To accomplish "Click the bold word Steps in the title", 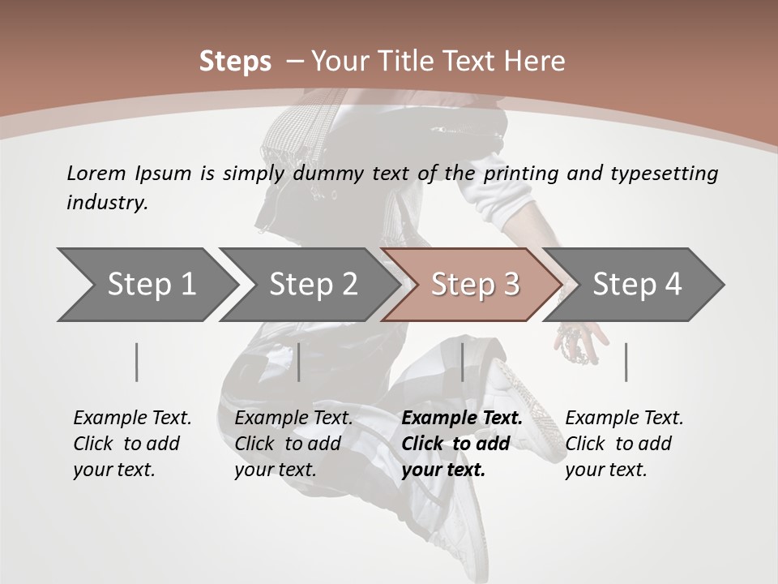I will (x=235, y=62).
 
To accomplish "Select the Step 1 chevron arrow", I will (x=146, y=284).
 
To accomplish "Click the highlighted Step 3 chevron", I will (x=472, y=284).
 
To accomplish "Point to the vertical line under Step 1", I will (x=137, y=362).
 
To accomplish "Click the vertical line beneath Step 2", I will (x=299, y=362).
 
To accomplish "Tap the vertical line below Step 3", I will (x=463, y=362).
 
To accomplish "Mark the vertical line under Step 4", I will (x=626, y=362).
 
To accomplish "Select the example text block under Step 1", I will (x=132, y=444).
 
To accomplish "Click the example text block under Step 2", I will (x=293, y=444).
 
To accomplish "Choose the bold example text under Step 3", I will (x=462, y=444).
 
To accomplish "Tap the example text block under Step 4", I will (x=624, y=444).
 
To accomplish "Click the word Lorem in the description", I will (x=96, y=173).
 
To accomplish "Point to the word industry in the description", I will (x=107, y=202).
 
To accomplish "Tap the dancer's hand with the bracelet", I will (x=582, y=339).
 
